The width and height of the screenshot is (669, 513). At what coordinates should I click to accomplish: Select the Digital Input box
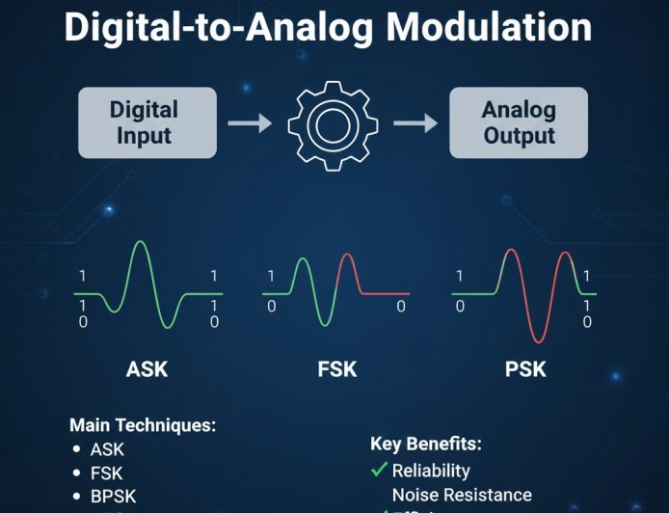tap(144, 121)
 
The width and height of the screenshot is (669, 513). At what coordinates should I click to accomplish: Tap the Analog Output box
tap(519, 121)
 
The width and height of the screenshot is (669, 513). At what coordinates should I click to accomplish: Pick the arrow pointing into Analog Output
tap(416, 123)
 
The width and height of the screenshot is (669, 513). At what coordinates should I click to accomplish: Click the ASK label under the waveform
tap(147, 368)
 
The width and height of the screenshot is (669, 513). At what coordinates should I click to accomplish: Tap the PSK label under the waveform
tap(524, 368)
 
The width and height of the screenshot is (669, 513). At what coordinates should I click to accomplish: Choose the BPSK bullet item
tap(113, 497)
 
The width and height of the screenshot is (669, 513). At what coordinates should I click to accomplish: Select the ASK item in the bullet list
tap(107, 449)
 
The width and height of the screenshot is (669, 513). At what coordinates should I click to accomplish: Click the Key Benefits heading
tap(425, 445)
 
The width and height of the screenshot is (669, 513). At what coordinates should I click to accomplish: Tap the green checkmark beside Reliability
tap(378, 471)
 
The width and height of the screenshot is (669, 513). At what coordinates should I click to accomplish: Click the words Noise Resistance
tap(461, 496)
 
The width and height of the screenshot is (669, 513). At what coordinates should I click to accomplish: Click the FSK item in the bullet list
tap(107, 472)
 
